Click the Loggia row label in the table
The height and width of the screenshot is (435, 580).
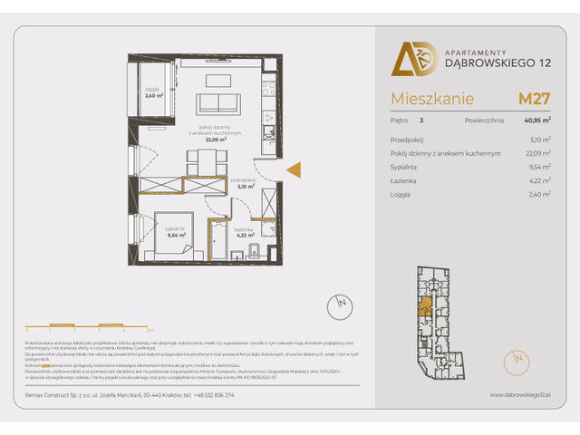point(401,194)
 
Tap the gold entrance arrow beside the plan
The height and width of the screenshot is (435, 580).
point(293,169)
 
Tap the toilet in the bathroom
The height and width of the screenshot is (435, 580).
point(256,251)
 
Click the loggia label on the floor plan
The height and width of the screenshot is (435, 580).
point(151,92)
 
